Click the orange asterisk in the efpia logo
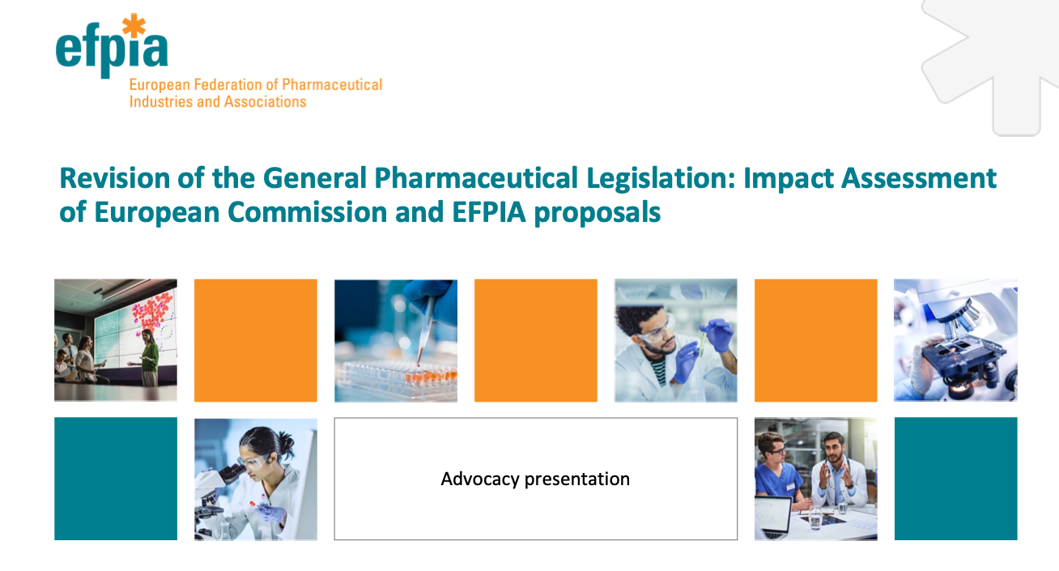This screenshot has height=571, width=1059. [134, 25]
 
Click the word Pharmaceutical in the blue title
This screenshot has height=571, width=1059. [476, 178]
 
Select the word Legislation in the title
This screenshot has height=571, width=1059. [661, 178]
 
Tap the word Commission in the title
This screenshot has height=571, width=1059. [308, 212]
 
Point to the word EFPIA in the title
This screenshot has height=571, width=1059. [489, 212]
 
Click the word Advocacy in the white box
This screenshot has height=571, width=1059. [480, 479]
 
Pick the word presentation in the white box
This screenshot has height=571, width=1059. [577, 479]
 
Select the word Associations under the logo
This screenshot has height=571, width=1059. [265, 102]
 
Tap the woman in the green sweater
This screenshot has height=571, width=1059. [149, 357]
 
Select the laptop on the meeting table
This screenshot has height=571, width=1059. [772, 517]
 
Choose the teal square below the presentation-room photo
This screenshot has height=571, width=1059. [116, 479]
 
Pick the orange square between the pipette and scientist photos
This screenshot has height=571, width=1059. [536, 340]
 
